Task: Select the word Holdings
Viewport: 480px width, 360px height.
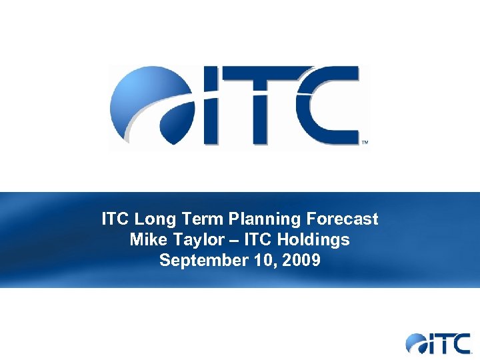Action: [x=317, y=239]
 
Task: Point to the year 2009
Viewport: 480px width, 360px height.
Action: [x=302, y=260]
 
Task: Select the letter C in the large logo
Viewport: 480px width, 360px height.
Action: [x=327, y=107]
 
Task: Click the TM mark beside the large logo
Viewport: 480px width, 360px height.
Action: [x=364, y=143]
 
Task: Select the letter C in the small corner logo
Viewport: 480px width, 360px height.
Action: [x=460, y=343]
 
